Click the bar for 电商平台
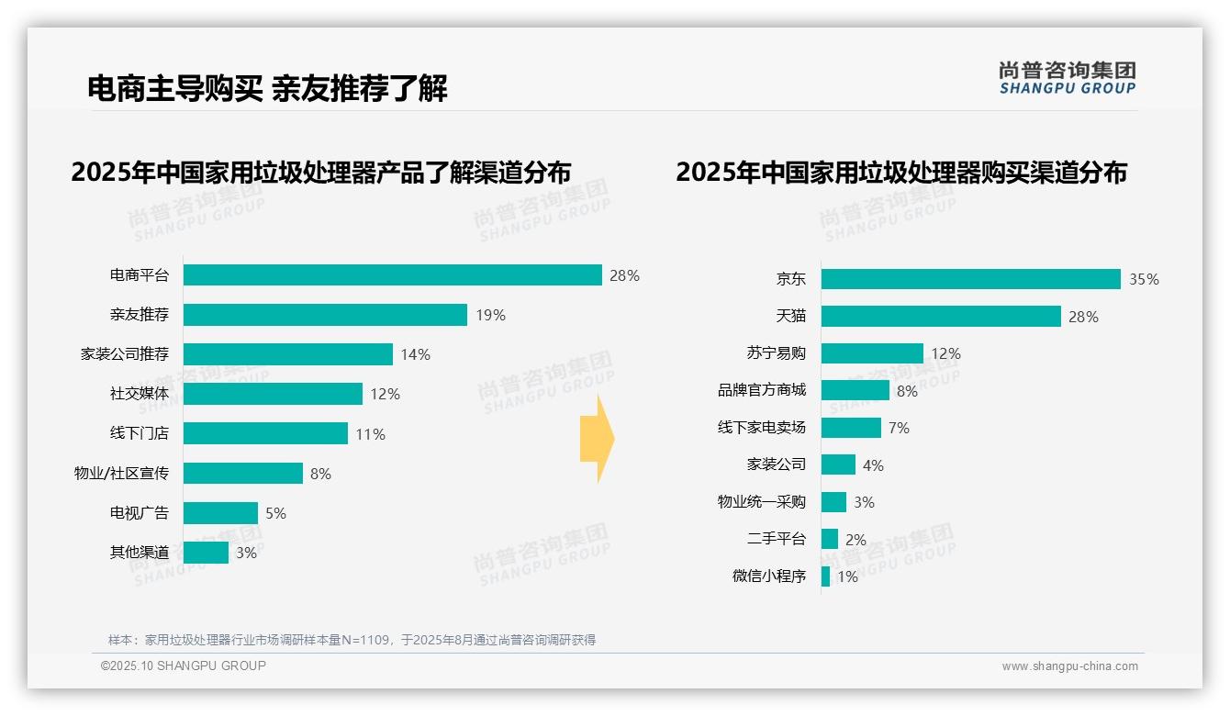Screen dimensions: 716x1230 click(x=392, y=275)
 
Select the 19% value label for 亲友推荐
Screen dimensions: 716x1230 click(x=490, y=315)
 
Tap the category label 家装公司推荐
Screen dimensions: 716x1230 click(x=125, y=354)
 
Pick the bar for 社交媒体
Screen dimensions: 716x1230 click(x=273, y=394)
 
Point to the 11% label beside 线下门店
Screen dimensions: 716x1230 click(x=370, y=434)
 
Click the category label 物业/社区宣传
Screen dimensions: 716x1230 click(x=121, y=474)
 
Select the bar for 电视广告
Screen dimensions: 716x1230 click(x=220, y=513)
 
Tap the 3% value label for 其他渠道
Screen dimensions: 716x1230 click(x=246, y=553)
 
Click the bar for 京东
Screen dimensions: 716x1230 click(x=970, y=279)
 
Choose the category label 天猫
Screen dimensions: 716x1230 click(x=790, y=316)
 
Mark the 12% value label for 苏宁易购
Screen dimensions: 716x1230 click(x=945, y=353)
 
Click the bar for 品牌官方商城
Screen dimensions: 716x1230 click(x=855, y=390)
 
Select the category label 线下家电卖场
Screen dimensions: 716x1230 click(x=761, y=428)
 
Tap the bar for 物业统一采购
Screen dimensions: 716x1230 click(x=833, y=502)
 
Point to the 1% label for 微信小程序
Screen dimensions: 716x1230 click(x=847, y=577)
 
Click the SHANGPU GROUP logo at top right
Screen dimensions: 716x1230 click(x=1067, y=78)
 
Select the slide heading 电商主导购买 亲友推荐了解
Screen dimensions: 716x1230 click(x=267, y=89)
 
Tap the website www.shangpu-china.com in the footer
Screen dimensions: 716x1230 click(x=1069, y=666)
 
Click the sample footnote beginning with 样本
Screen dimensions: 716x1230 click(x=352, y=640)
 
